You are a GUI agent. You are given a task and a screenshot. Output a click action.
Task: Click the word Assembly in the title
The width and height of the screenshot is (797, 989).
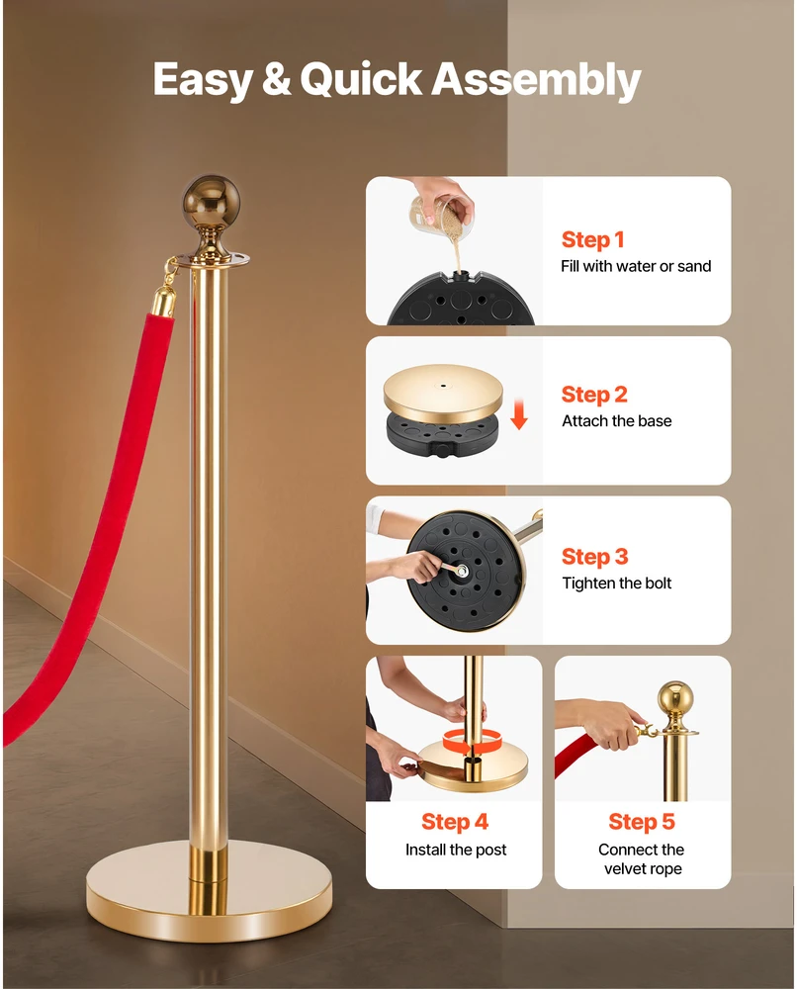[x=536, y=81]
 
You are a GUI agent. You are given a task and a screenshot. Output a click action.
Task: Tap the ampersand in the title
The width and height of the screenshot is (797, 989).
[x=276, y=79]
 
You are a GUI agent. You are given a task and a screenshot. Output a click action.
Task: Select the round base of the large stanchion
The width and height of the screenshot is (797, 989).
[x=210, y=891]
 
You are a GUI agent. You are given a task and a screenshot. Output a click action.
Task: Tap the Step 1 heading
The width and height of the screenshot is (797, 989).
[x=592, y=239]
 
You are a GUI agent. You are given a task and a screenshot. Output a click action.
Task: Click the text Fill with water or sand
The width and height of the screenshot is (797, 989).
[x=636, y=266]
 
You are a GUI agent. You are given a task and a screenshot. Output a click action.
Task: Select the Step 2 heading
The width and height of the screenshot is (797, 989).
[x=594, y=395]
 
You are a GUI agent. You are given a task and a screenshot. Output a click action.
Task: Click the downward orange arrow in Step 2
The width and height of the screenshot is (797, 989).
[x=519, y=413]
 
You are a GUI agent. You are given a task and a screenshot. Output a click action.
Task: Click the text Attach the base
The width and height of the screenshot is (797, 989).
[x=617, y=420]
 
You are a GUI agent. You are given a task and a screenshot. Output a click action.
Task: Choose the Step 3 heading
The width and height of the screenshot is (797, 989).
[x=595, y=557]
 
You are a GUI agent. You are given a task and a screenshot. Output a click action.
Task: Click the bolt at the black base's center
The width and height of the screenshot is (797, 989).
[x=462, y=572]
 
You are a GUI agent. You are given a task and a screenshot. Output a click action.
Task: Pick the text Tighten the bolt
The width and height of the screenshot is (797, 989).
[x=617, y=583]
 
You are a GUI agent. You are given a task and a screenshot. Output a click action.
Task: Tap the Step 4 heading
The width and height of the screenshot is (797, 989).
[x=455, y=822]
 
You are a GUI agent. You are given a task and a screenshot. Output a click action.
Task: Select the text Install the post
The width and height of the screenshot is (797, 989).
[x=455, y=850]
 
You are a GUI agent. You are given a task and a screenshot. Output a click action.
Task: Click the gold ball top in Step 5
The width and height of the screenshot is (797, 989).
[x=674, y=698]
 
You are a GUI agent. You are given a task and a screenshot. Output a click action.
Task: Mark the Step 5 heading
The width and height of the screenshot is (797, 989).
[x=642, y=822]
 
